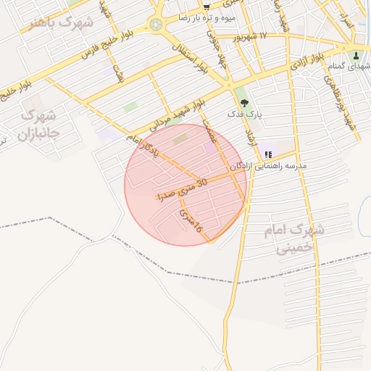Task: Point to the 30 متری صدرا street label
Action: [183, 190]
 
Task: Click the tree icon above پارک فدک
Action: [243, 102]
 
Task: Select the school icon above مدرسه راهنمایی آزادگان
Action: [269, 154]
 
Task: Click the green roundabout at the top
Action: [157, 25]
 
